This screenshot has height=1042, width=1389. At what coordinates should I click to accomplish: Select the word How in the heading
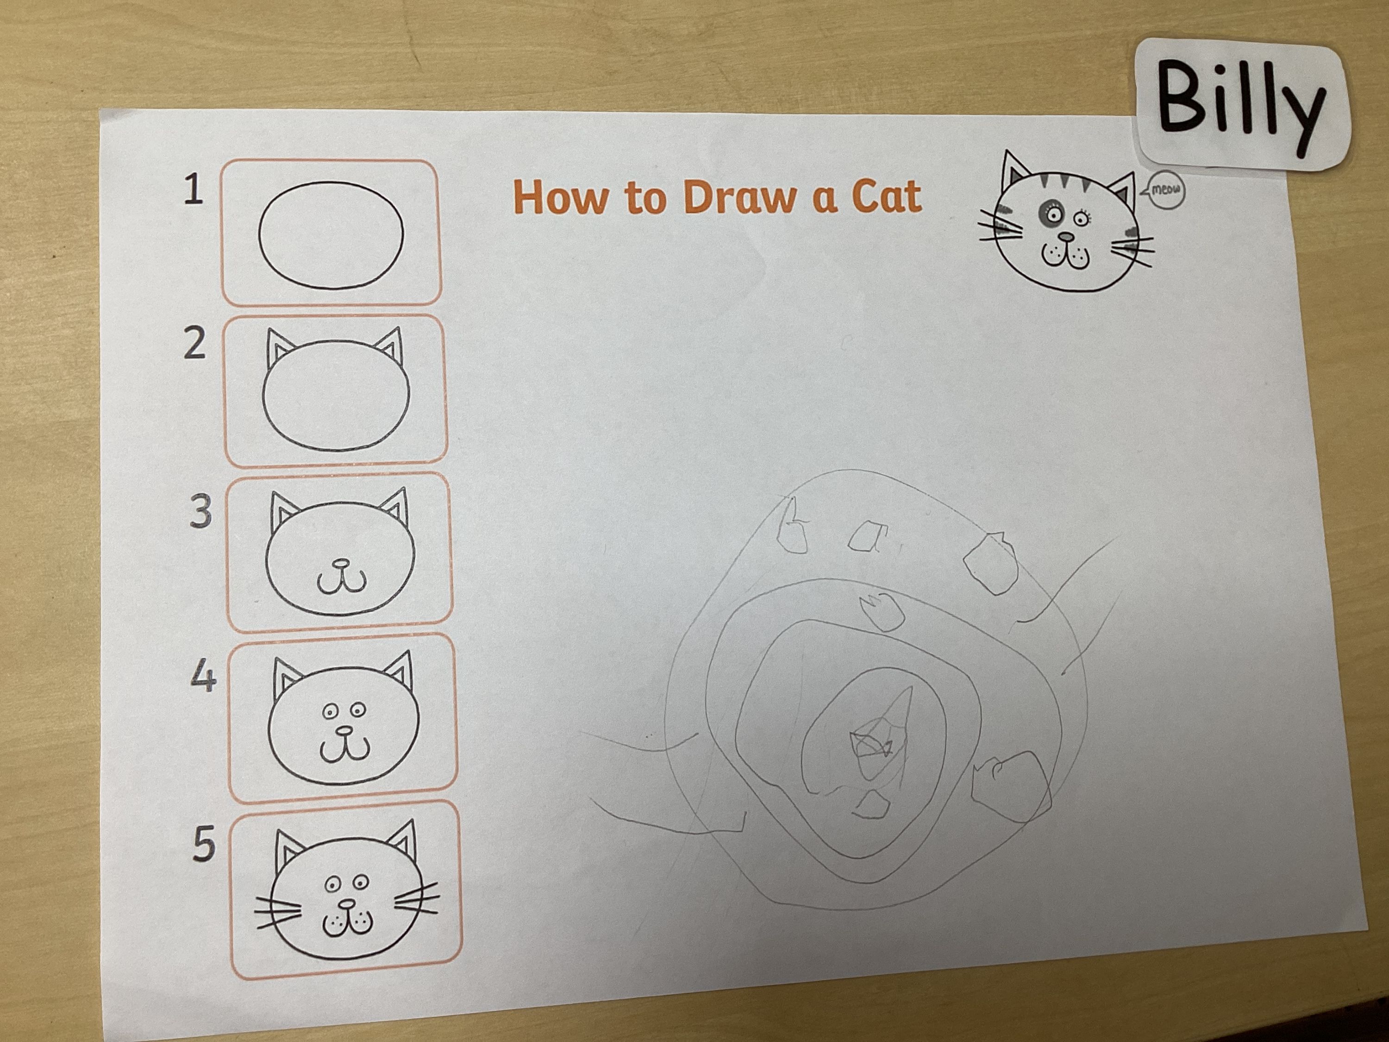coord(561,197)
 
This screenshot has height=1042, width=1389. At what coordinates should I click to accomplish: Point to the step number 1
coord(194,190)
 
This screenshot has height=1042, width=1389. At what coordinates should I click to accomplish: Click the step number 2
coord(194,344)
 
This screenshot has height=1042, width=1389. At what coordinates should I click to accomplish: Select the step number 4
coord(203,678)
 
